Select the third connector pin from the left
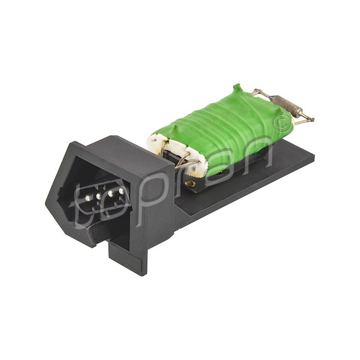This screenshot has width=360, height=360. (111, 193)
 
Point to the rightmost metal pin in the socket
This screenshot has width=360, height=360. (122, 191)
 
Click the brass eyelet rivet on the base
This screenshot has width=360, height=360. (190, 184)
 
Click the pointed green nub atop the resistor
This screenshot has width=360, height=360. (237, 91)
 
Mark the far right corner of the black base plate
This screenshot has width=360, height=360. (314, 154)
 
